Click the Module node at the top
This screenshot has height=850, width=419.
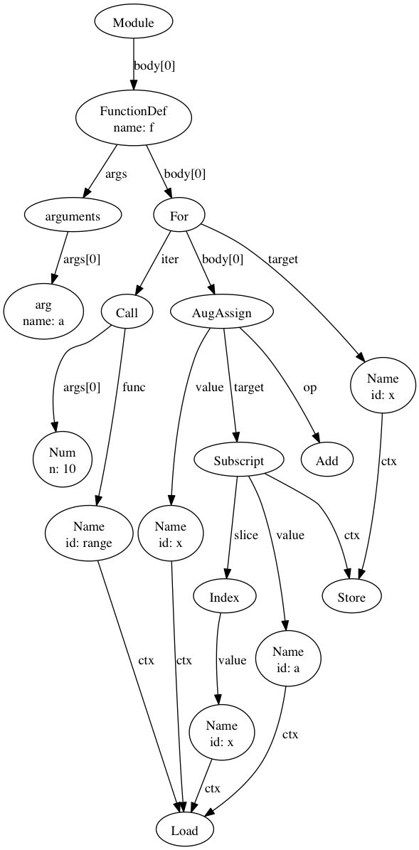(134, 22)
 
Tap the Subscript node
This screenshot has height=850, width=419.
(239, 460)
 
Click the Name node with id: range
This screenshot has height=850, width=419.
(88, 533)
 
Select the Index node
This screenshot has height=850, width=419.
(224, 597)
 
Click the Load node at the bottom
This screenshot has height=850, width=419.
(184, 829)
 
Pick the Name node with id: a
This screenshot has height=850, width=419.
(288, 659)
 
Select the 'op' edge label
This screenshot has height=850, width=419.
(309, 388)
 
